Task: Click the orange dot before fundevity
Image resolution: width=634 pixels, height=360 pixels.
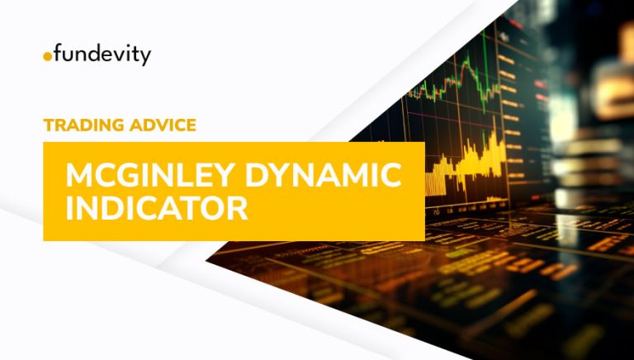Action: [x=46, y=58]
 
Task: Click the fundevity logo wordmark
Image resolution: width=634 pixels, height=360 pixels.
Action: [x=97, y=56]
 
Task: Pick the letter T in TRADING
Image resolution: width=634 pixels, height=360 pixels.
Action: [x=48, y=126]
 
